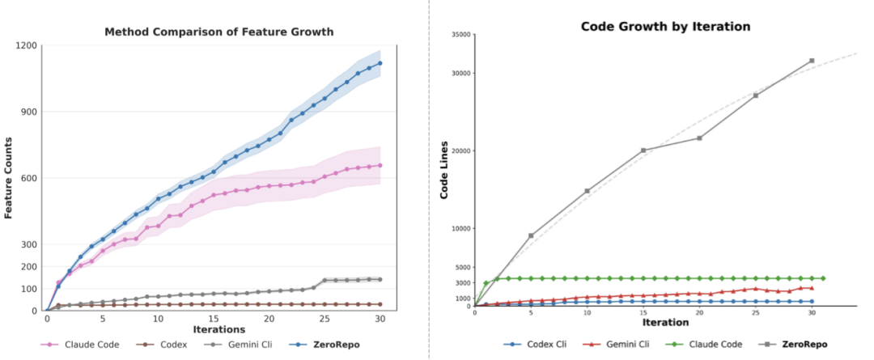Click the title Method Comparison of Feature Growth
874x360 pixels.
click(219, 32)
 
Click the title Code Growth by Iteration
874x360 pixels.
click(665, 26)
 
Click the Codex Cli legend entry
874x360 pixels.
click(540, 344)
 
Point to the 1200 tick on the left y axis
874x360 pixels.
click(27, 45)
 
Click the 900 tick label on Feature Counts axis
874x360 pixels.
click(29, 112)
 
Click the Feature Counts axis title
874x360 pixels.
click(9, 178)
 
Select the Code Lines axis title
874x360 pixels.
click(443, 171)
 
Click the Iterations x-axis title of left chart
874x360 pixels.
click(219, 329)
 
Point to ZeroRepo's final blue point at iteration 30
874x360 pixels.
click(380, 63)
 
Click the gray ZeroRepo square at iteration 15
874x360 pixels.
click(643, 150)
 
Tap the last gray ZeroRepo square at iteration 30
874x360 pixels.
click(812, 61)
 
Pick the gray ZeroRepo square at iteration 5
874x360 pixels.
click(531, 235)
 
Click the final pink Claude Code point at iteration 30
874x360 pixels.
click(380, 165)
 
